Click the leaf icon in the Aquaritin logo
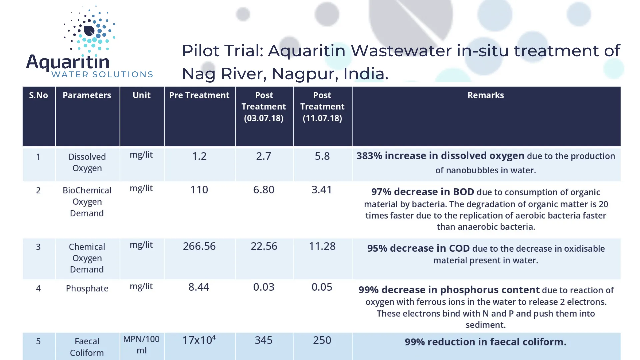point(89,31)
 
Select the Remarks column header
point(485,95)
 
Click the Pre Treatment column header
point(199,95)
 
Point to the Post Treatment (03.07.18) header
point(264,107)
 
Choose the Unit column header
point(142,95)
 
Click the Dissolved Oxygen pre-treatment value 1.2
point(199,156)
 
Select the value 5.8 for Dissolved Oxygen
point(322,156)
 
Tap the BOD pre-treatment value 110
point(199,190)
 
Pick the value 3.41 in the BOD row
point(322,190)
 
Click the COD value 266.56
point(199,246)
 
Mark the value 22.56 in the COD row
point(264,246)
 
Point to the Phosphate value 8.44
point(199,287)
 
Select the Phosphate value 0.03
point(264,287)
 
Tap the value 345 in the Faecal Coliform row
point(263,340)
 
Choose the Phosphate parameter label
point(87,288)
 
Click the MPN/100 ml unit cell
point(141,345)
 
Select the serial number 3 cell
point(38,247)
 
